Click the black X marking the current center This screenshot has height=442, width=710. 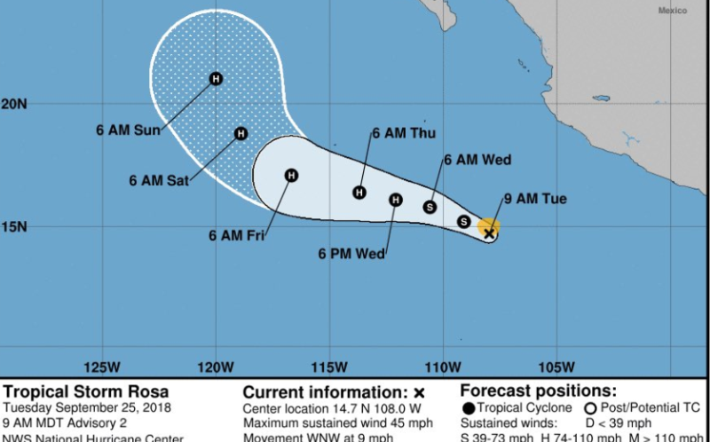489,233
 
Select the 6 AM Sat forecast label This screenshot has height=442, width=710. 159,180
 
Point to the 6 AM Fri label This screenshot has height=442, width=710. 237,236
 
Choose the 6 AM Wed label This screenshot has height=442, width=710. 477,160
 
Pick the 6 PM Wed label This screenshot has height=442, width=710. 351,254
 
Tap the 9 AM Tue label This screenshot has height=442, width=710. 534,199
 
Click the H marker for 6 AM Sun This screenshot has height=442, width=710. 216,79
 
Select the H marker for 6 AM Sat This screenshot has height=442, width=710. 241,134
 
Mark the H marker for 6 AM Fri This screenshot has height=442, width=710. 291,175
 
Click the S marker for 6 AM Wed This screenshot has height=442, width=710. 430,207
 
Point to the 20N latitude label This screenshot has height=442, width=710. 13,104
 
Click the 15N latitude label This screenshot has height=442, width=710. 13,226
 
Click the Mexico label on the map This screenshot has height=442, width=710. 672,11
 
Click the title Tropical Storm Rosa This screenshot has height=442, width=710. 86,391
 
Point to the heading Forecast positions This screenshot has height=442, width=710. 539,391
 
